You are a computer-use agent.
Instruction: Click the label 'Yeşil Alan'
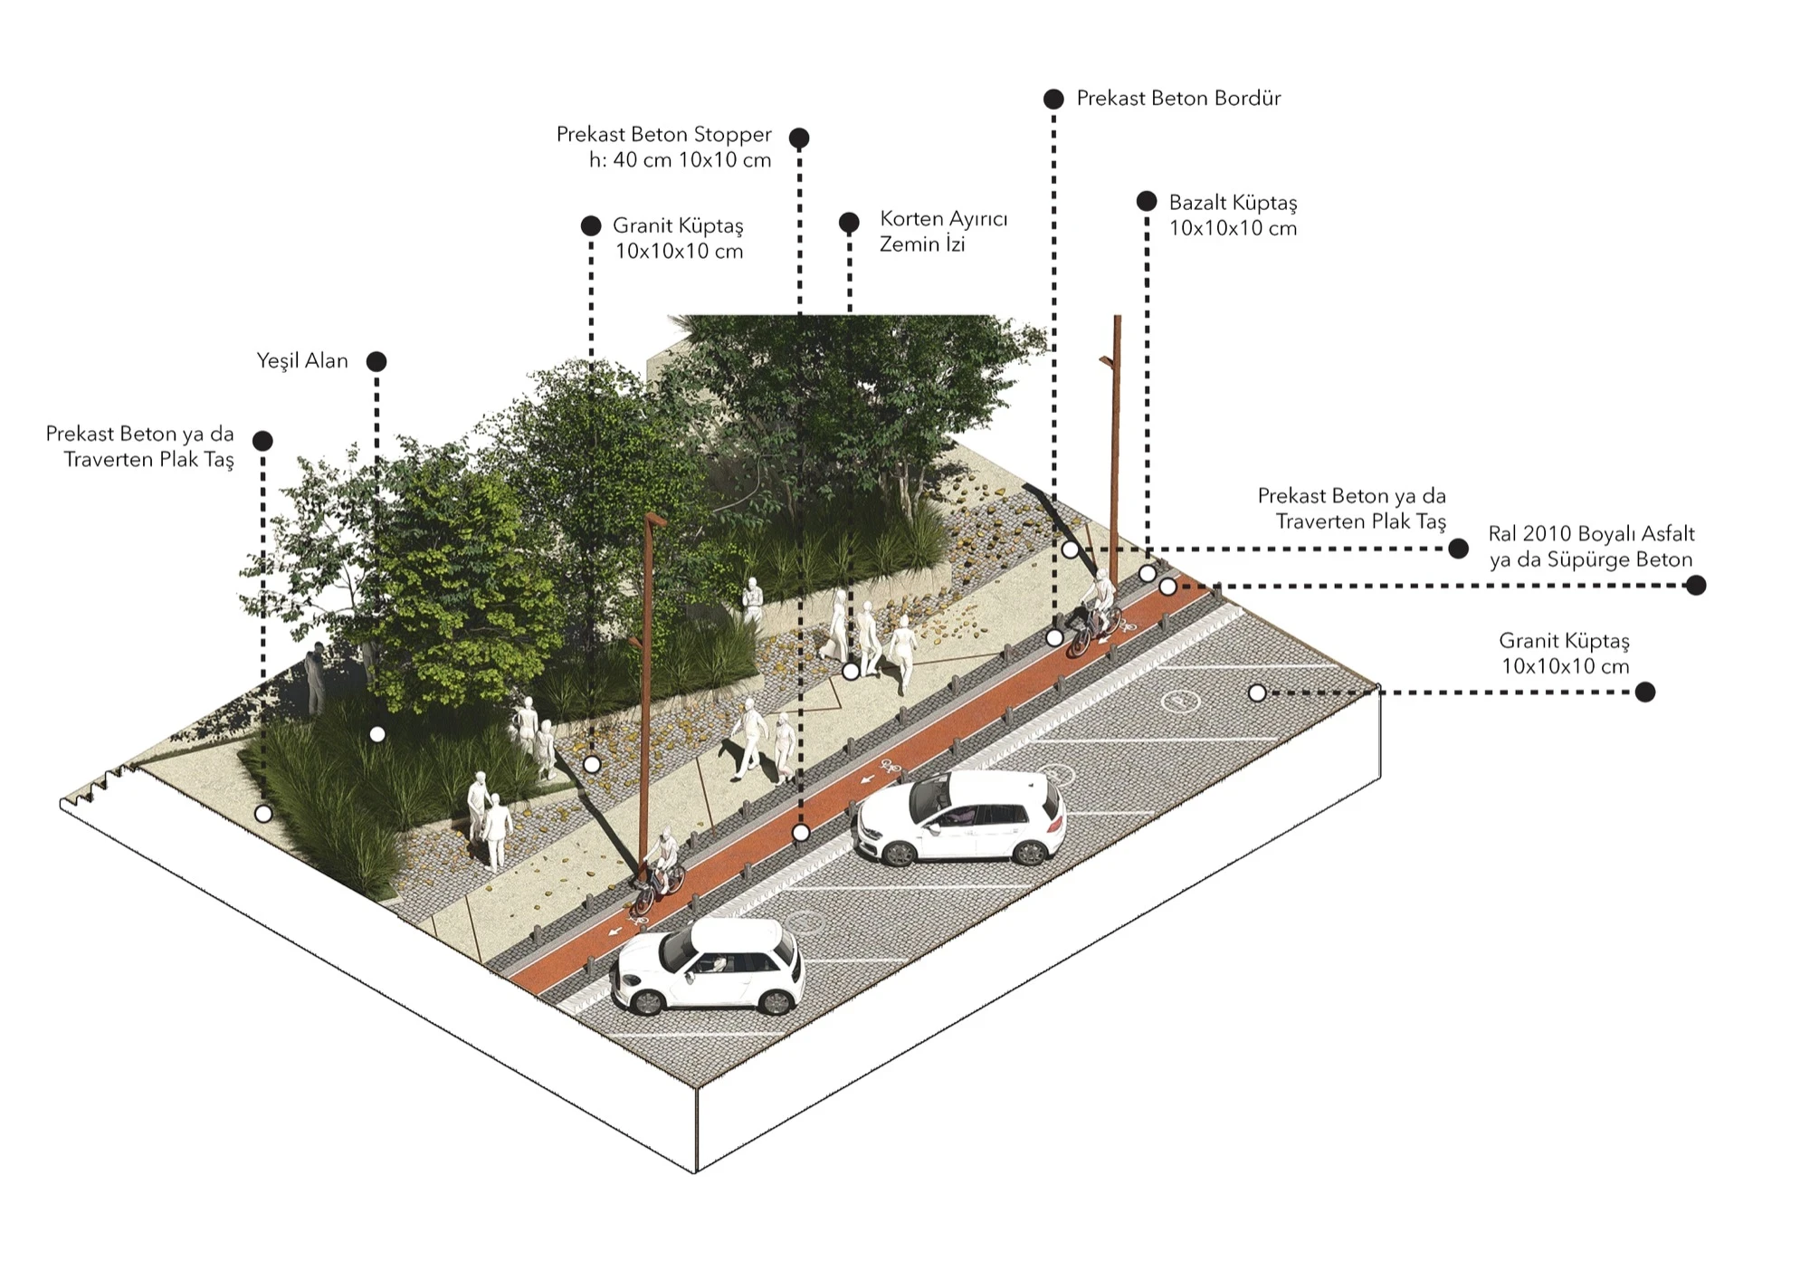coord(301,361)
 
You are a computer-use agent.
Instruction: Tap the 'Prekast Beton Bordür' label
coord(1178,99)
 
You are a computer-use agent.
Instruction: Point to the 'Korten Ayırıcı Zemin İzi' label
coord(943,232)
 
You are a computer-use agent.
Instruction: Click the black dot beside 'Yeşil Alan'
coord(376,362)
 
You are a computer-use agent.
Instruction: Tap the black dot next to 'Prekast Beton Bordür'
coord(1053,99)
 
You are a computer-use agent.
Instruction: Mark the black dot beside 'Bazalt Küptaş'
coord(1147,201)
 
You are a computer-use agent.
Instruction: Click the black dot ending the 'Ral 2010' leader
coord(1696,586)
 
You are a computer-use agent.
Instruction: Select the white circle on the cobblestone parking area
coord(1257,693)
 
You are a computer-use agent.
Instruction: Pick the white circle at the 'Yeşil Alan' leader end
coord(377,734)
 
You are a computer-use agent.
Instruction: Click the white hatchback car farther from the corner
coord(961,817)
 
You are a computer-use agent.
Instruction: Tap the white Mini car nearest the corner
coord(708,966)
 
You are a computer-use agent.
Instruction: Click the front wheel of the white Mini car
coord(648,1000)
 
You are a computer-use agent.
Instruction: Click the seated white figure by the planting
coord(752,600)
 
